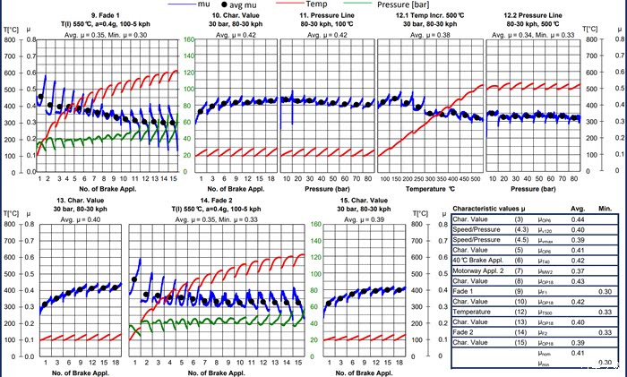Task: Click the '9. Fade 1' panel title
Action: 84,16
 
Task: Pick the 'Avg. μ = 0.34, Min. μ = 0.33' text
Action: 537,35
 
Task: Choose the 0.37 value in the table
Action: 577,270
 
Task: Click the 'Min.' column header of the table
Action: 606,209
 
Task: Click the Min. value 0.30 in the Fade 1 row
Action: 606,291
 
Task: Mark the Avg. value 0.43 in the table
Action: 577,280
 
